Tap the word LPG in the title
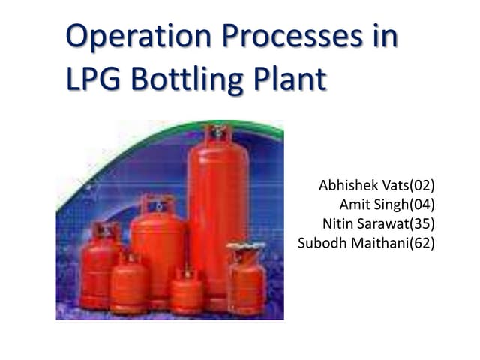click(x=91, y=79)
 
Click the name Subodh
click(x=322, y=242)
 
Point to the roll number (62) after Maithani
click(x=421, y=242)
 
